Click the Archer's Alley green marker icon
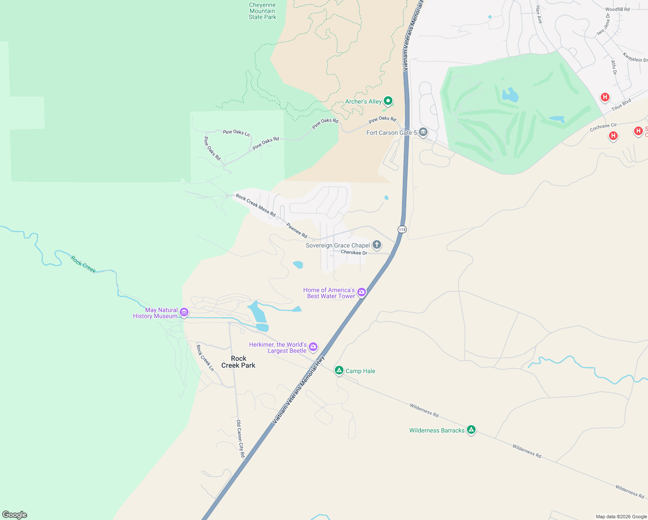(388, 101)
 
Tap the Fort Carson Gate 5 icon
(423, 132)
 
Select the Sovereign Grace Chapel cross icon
(377, 245)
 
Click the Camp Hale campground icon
(339, 370)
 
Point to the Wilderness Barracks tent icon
(471, 429)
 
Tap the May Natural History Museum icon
(184, 312)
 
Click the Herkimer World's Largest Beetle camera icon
(313, 347)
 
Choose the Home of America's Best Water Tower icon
(362, 292)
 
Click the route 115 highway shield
(402, 229)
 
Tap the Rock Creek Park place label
(238, 362)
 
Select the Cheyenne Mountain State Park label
(262, 11)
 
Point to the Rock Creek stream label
(84, 264)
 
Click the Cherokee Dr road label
(354, 253)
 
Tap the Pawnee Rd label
(297, 231)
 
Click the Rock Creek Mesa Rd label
(256, 205)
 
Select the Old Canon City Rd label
(240, 439)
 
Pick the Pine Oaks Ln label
(236, 132)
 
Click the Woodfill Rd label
(617, 9)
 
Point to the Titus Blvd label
(621, 104)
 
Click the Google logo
(15, 515)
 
